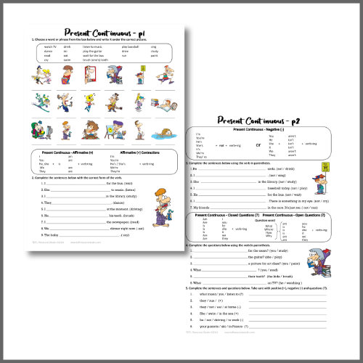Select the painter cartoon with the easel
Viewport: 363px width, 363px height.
coord(117,131)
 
